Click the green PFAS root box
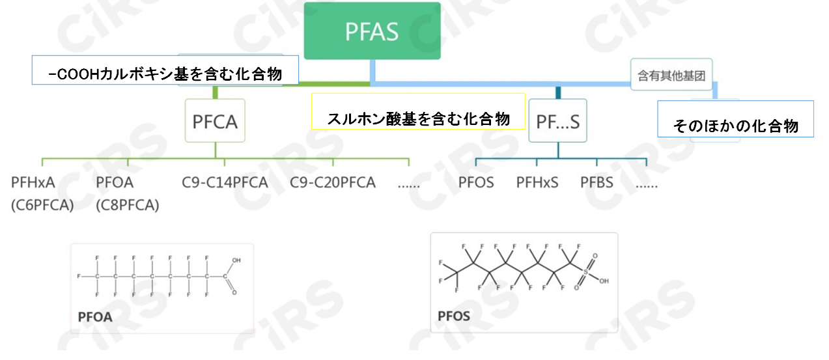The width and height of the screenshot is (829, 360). (372, 31)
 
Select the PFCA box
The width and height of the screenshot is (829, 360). (215, 120)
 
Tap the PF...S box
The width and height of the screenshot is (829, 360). (557, 120)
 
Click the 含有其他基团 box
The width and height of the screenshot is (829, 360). (671, 76)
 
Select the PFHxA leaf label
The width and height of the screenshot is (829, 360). (33, 182)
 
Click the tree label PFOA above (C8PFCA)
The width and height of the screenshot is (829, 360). (114, 182)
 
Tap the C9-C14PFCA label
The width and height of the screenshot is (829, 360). (225, 182)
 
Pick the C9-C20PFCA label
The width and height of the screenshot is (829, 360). (333, 182)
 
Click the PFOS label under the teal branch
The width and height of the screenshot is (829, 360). (476, 182)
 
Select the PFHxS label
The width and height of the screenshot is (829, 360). (537, 182)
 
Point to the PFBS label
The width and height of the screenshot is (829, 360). (597, 182)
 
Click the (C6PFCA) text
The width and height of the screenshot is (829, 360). (42, 205)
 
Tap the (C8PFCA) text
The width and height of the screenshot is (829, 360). (127, 205)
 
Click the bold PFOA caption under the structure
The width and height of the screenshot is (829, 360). (95, 318)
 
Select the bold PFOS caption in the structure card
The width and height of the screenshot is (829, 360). (454, 316)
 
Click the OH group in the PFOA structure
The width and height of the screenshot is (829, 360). (236, 260)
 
